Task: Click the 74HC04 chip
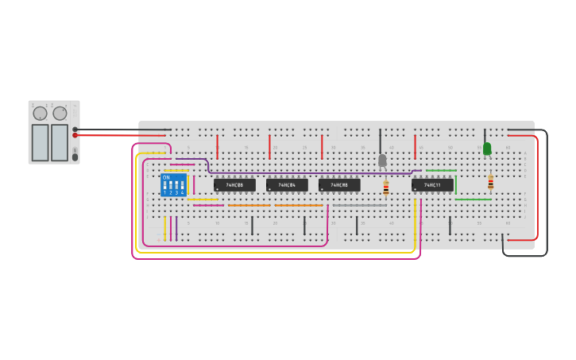pyautogui.click(x=287, y=185)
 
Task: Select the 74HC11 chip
pyautogui.click(x=432, y=185)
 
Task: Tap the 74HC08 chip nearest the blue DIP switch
pyautogui.click(x=234, y=185)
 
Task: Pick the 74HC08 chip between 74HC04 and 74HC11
pyautogui.click(x=339, y=185)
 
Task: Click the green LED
pyautogui.click(x=487, y=148)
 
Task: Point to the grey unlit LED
pyautogui.click(x=382, y=160)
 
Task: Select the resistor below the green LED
pyautogui.click(x=490, y=182)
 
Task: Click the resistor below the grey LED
pyautogui.click(x=386, y=188)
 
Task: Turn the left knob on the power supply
pyautogui.click(x=40, y=114)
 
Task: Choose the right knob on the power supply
pyautogui.click(x=60, y=114)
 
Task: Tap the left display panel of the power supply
pyautogui.click(x=40, y=142)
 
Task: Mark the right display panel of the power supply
pyautogui.click(x=60, y=142)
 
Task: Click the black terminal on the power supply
pyautogui.click(x=75, y=129)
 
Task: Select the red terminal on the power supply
pyautogui.click(x=75, y=135)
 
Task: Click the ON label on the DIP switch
pyautogui.click(x=166, y=177)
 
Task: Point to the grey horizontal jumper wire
pyautogui.click(x=359, y=205)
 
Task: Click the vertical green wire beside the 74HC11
pyautogui.click(x=456, y=186)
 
